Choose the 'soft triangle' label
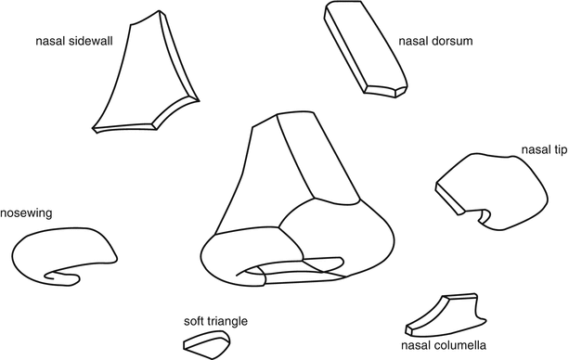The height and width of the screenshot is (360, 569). (216, 321)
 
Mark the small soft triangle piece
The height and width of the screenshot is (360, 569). (205, 343)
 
